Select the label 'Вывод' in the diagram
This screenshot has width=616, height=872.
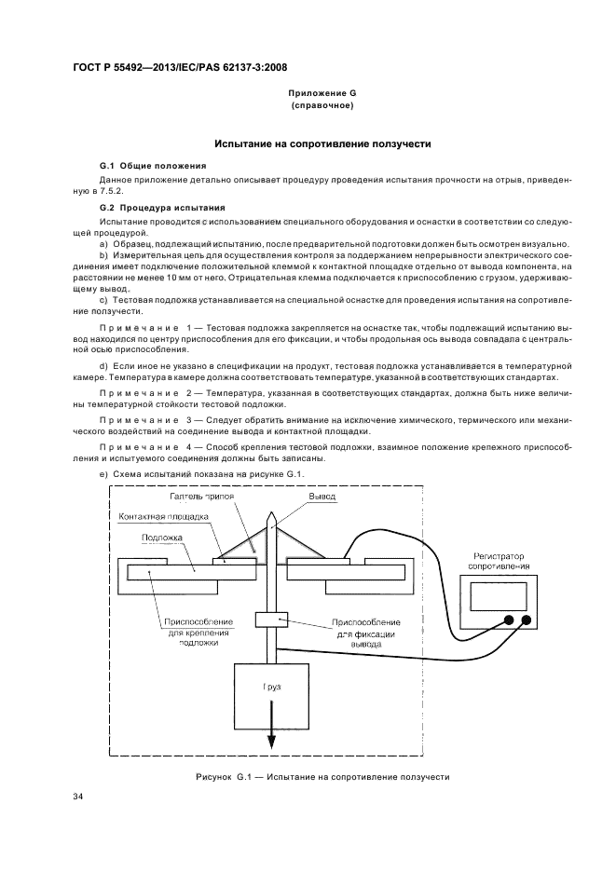(x=322, y=497)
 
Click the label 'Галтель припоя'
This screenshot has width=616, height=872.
(x=201, y=497)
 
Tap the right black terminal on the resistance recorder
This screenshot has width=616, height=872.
(x=527, y=620)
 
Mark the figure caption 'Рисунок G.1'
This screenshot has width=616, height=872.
(x=224, y=776)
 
